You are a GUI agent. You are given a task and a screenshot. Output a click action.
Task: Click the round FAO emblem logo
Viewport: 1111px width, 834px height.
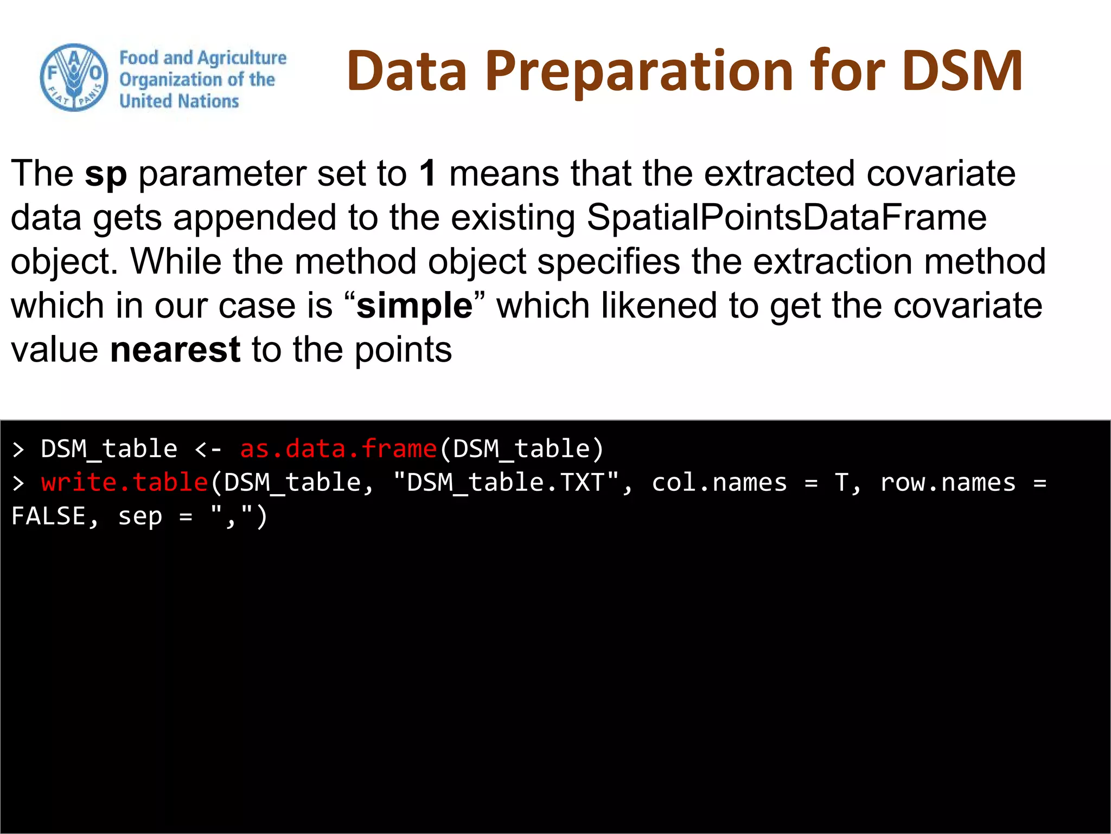point(74,78)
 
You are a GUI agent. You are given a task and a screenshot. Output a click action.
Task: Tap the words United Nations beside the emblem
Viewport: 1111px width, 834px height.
point(179,101)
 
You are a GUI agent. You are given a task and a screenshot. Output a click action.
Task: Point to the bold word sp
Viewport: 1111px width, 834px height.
point(106,174)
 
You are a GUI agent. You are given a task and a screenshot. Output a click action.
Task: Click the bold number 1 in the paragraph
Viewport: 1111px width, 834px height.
point(427,173)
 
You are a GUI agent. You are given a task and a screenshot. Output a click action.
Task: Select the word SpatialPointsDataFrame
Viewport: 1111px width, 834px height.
point(787,217)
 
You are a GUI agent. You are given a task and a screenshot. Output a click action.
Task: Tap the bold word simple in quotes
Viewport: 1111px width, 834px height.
point(414,306)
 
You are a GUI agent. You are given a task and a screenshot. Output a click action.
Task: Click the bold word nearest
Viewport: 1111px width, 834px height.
point(175,350)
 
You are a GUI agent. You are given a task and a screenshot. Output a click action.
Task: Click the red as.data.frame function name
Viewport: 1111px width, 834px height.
point(339,449)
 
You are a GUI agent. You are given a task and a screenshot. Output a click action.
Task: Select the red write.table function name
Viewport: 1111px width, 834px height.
point(125,483)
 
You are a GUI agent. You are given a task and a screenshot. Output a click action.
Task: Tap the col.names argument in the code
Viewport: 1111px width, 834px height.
point(719,483)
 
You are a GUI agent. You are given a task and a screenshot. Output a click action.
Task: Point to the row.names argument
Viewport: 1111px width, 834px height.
point(948,483)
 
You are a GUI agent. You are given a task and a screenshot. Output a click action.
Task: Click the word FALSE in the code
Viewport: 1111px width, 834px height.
point(49,516)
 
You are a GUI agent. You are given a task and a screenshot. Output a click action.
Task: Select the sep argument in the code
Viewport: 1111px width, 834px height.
point(140,516)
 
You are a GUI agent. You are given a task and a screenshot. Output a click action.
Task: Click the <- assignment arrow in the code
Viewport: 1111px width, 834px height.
point(208,449)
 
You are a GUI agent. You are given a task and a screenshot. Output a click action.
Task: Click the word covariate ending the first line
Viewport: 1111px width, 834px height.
point(941,173)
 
